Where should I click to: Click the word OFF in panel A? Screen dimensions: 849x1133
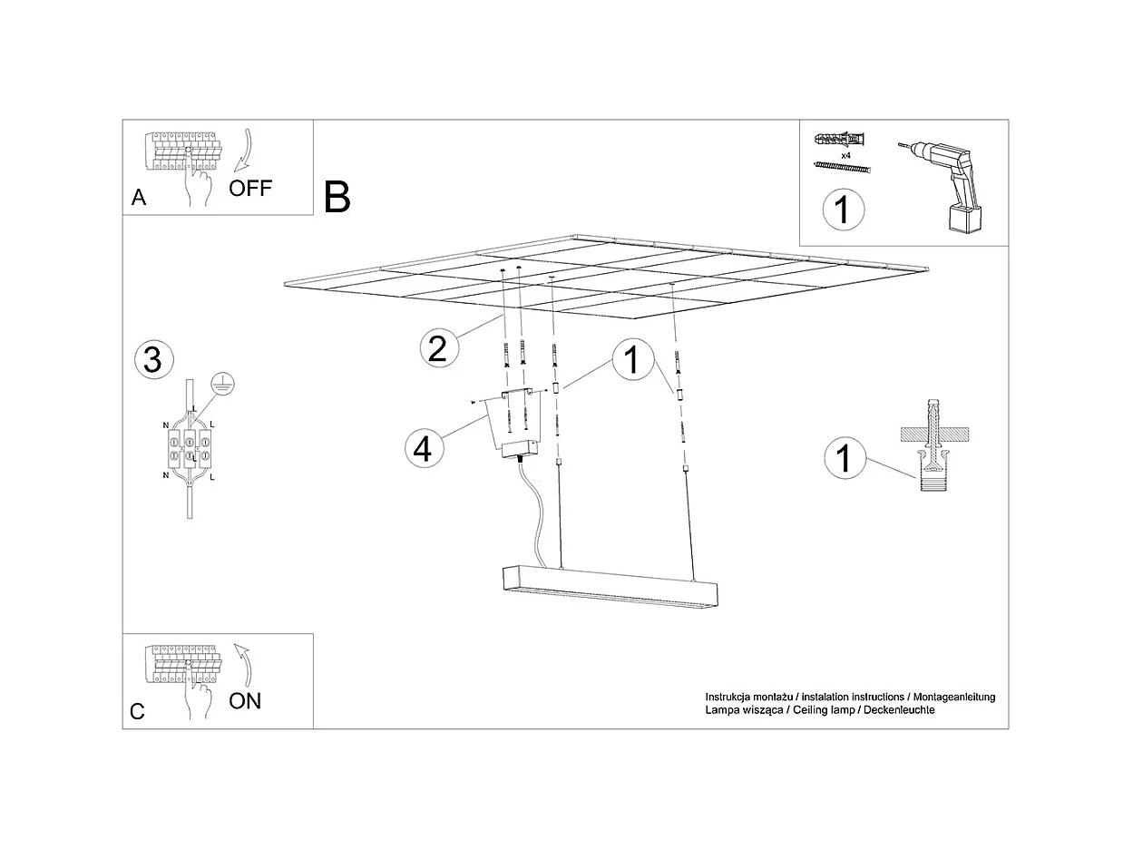(x=250, y=189)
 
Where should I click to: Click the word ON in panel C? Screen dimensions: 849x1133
(x=245, y=700)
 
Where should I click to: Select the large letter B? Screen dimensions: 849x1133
(x=337, y=197)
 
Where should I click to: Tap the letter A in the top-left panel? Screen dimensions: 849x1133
(x=139, y=199)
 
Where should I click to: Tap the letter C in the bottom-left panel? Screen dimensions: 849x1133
(x=137, y=712)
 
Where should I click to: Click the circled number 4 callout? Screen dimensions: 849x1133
(x=423, y=447)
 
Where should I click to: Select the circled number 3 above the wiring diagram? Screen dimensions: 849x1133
(x=153, y=360)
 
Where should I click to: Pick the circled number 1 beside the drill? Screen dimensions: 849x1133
(x=843, y=210)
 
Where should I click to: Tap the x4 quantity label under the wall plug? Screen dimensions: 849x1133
(x=845, y=156)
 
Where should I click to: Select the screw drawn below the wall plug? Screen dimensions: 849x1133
(x=842, y=169)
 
